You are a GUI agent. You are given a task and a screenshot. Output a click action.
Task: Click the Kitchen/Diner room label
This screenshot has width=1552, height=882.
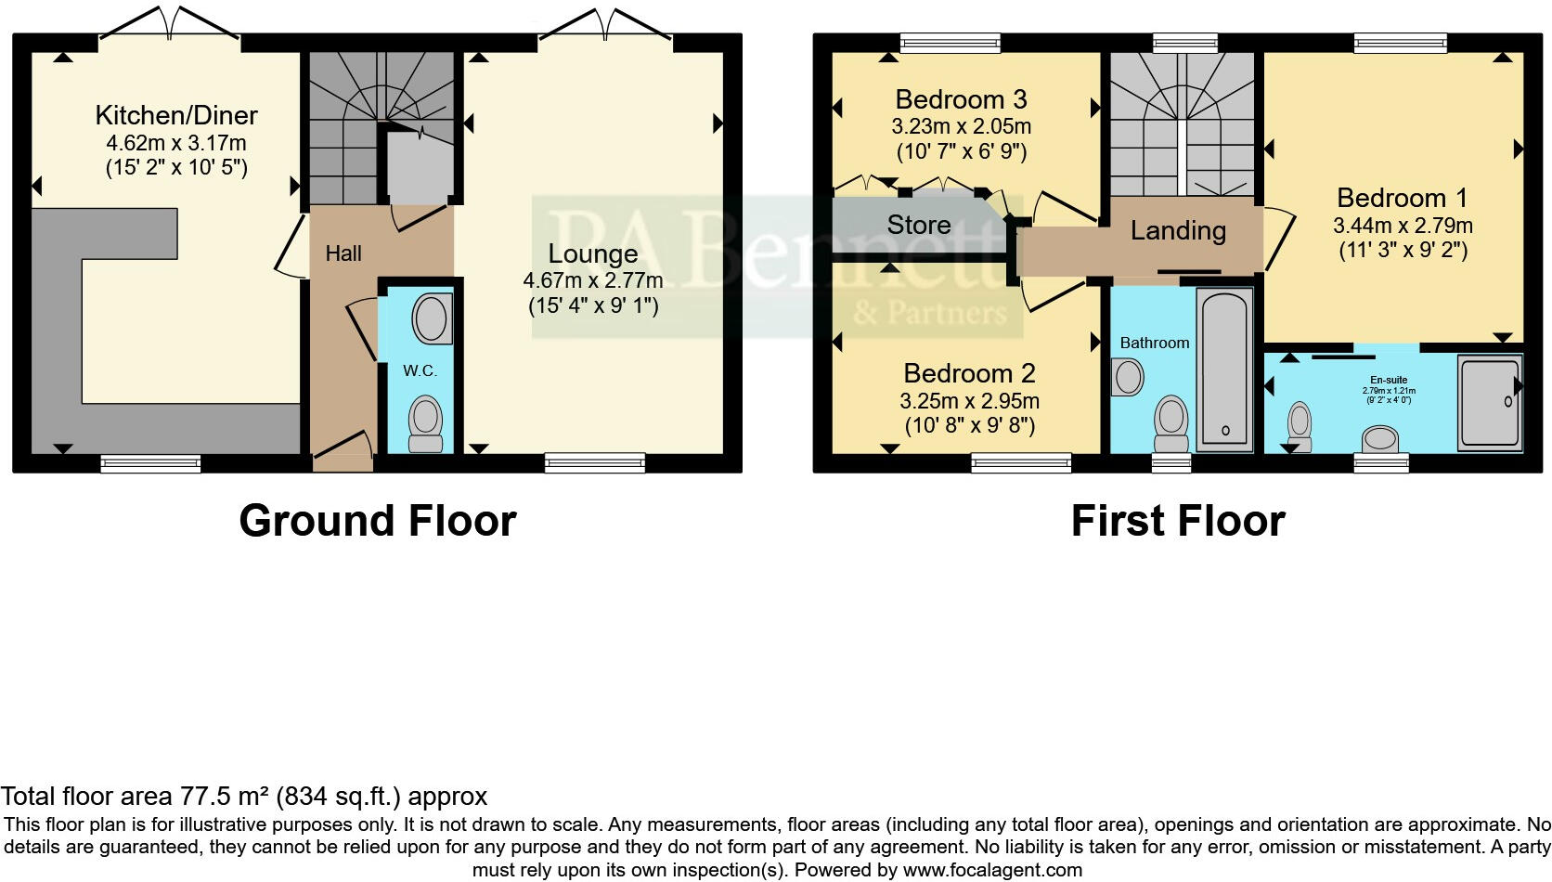point(176,116)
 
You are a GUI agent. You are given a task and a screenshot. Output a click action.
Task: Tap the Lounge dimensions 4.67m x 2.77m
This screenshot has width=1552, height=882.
point(592,280)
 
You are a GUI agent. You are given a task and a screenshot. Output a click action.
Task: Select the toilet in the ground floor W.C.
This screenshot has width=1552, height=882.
point(426,423)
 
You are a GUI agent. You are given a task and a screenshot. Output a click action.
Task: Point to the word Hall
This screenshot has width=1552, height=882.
point(343,253)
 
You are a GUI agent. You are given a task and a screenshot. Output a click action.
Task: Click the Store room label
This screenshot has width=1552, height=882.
point(918,225)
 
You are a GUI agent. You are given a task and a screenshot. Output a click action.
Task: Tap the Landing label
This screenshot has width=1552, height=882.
point(1178,230)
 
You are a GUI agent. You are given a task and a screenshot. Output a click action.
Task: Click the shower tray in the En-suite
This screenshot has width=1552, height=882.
point(1488,402)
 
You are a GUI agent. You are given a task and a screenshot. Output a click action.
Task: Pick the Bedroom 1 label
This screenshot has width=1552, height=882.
point(1402,198)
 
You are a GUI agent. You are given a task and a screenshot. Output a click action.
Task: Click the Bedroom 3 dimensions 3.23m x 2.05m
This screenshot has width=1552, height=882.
point(962,126)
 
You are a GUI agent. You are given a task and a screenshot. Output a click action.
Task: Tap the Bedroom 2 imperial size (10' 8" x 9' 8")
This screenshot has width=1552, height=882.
point(969,425)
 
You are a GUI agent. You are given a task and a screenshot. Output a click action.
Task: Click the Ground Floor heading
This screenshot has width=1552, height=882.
point(377,521)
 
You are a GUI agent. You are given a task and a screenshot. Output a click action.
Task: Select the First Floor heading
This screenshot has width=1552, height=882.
point(1177,521)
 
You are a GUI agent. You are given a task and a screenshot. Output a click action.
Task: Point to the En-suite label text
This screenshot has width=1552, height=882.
point(1389,380)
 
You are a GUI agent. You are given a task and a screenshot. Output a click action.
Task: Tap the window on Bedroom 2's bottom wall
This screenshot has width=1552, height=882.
point(1021,462)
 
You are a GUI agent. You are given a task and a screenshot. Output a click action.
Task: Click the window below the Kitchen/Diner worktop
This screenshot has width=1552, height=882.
point(150,463)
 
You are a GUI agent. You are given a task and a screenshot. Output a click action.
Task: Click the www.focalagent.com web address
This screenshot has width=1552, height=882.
point(991,870)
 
